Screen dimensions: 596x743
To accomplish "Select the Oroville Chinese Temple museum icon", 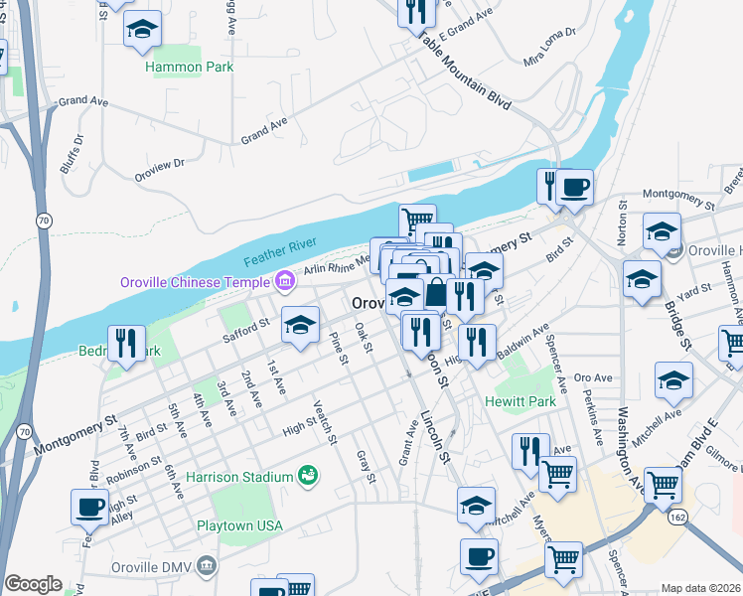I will tap(284, 282).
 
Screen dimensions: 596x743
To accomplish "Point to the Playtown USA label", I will tap(240, 525).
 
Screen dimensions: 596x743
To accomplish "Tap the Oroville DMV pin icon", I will tap(206, 567).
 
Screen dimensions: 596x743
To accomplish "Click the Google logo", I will tap(33, 584).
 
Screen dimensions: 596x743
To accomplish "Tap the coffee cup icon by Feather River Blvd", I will tap(89, 507).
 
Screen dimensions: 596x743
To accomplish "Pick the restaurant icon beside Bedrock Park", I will tap(126, 343).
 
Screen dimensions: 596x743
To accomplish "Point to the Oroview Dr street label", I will tap(159, 169).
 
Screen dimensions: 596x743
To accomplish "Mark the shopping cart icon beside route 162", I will tap(663, 485).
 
